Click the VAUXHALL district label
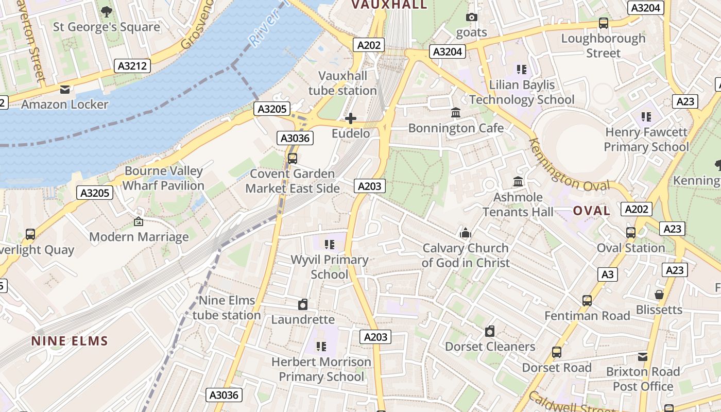pyautogui.click(x=389, y=5)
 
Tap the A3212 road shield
pyautogui.click(x=132, y=66)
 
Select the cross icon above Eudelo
pyautogui.click(x=351, y=119)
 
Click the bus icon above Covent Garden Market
pyautogui.click(x=292, y=158)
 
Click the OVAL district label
pyautogui.click(x=591, y=211)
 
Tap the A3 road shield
pyautogui.click(x=608, y=274)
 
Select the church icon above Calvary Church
pyautogui.click(x=466, y=233)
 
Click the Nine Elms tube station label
pyautogui.click(x=227, y=307)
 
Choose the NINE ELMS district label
pyautogui.click(x=70, y=341)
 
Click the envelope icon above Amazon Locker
pyautogui.click(x=65, y=90)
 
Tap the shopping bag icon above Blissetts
pyautogui.click(x=659, y=295)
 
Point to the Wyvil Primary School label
pyautogui.click(x=330, y=267)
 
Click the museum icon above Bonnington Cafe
pyautogui.click(x=456, y=112)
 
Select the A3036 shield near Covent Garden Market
pyautogui.click(x=296, y=138)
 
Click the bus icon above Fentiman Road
pyautogui.click(x=587, y=300)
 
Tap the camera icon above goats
pyautogui.click(x=471, y=18)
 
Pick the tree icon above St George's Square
pyautogui.click(x=107, y=11)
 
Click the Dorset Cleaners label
pyautogui.click(x=490, y=347)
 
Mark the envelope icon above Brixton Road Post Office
pyautogui.click(x=643, y=356)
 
